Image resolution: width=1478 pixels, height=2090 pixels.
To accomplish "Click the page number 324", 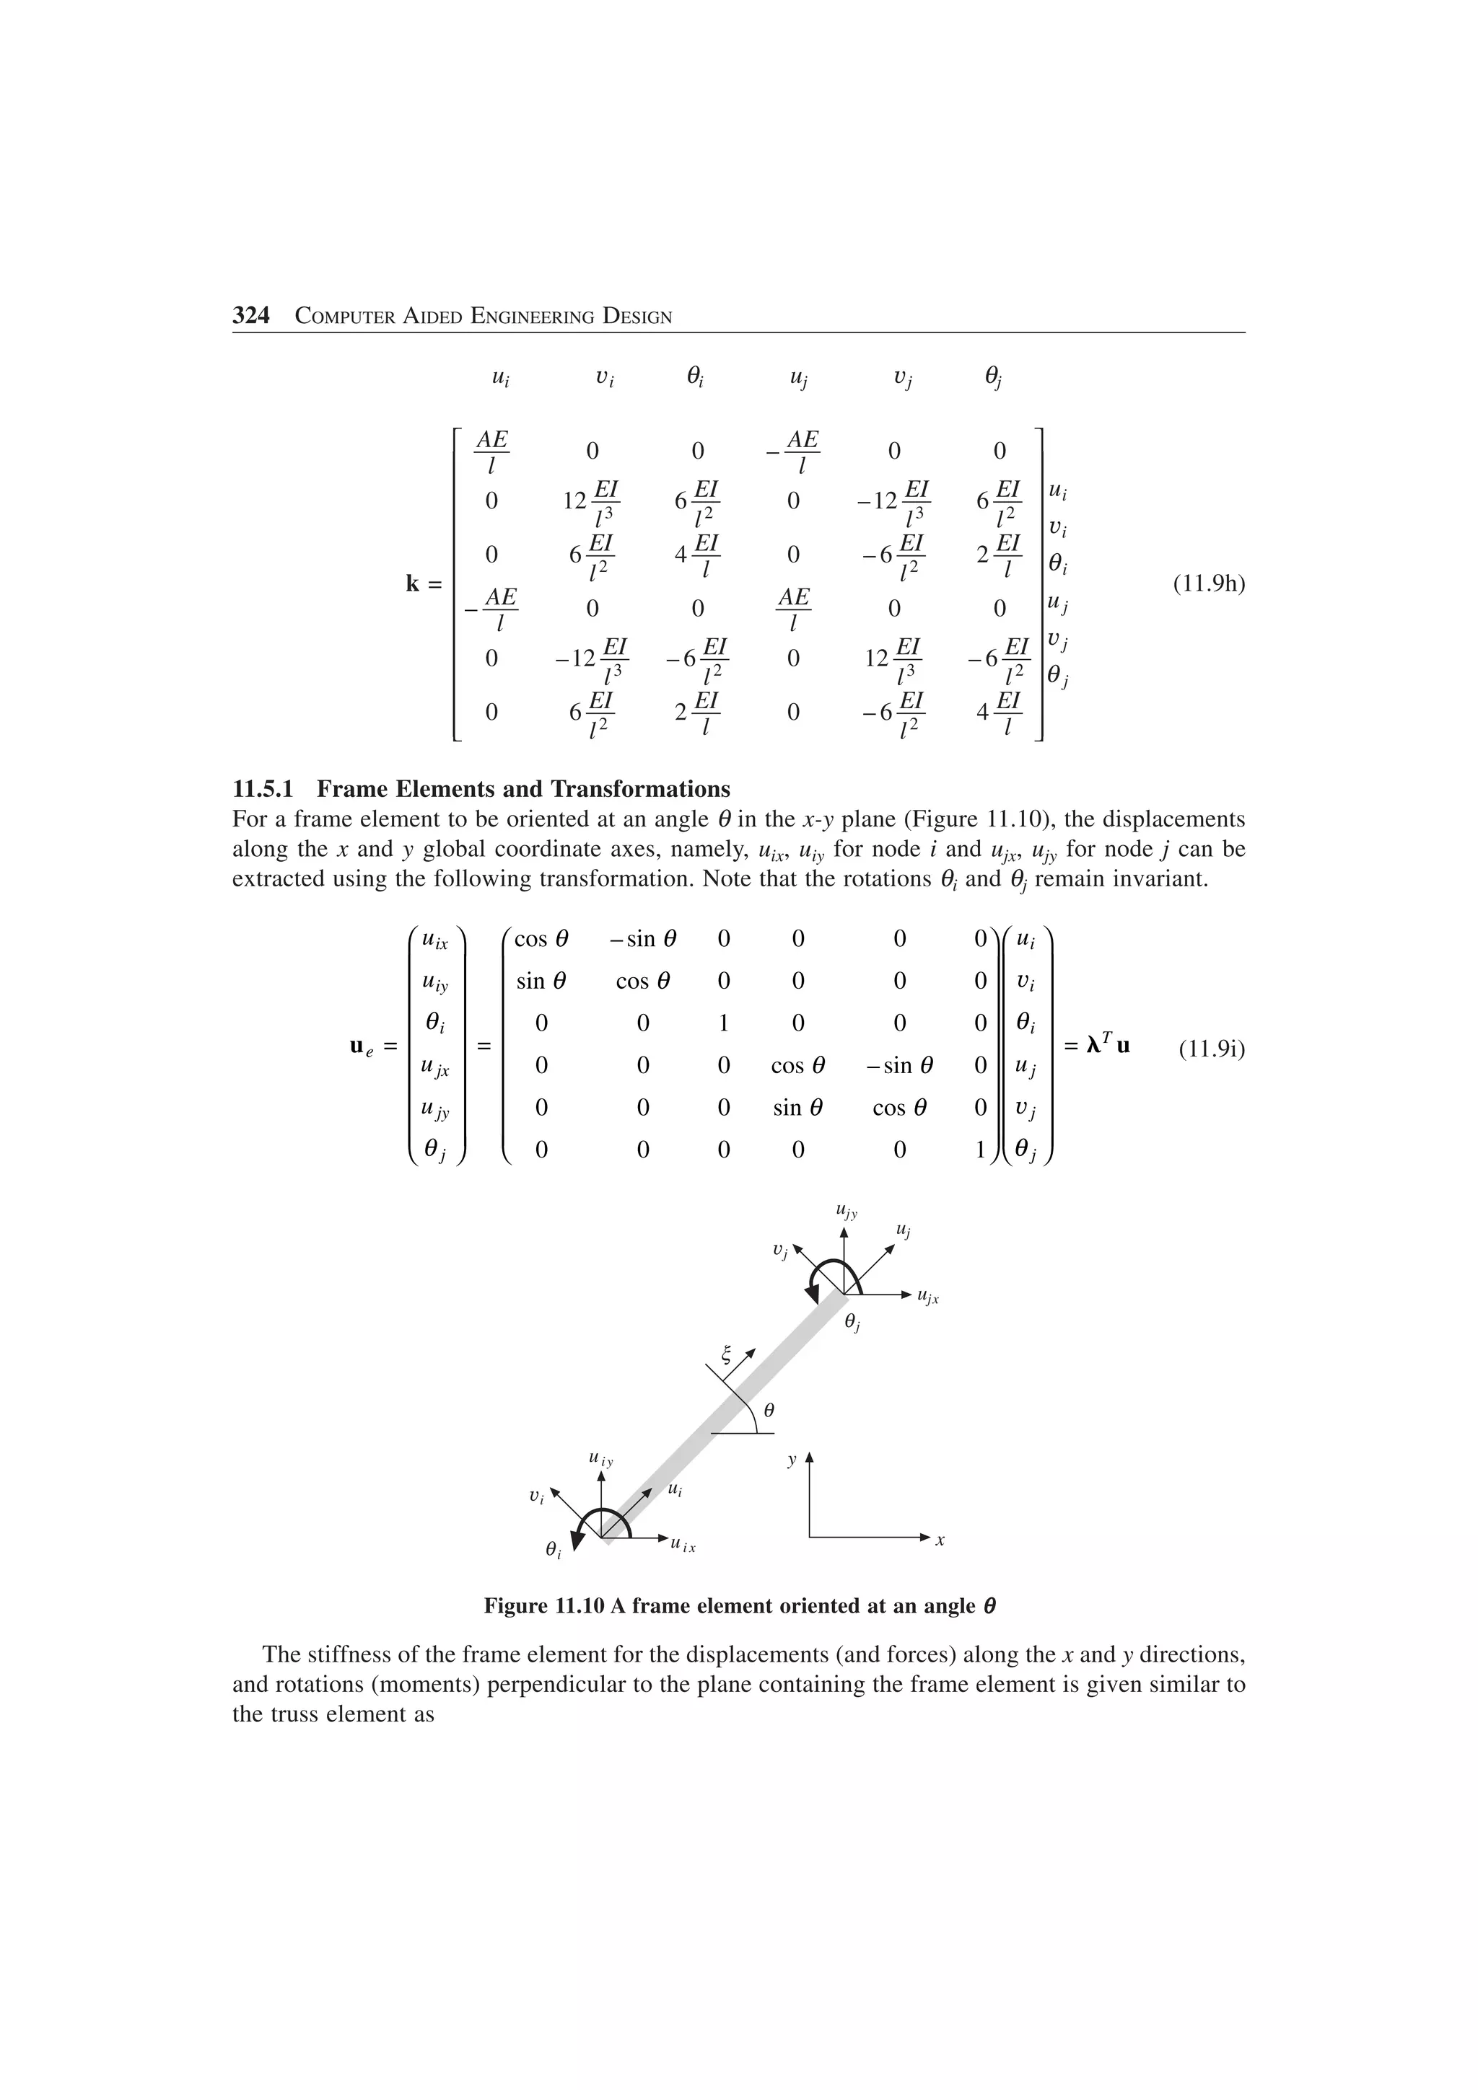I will tap(251, 316).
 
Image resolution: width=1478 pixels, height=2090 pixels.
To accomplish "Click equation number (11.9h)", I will tap(1207, 583).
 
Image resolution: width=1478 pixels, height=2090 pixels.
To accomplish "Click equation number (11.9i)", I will tap(1210, 1049).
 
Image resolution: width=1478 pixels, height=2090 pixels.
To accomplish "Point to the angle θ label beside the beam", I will tap(769, 1410).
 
